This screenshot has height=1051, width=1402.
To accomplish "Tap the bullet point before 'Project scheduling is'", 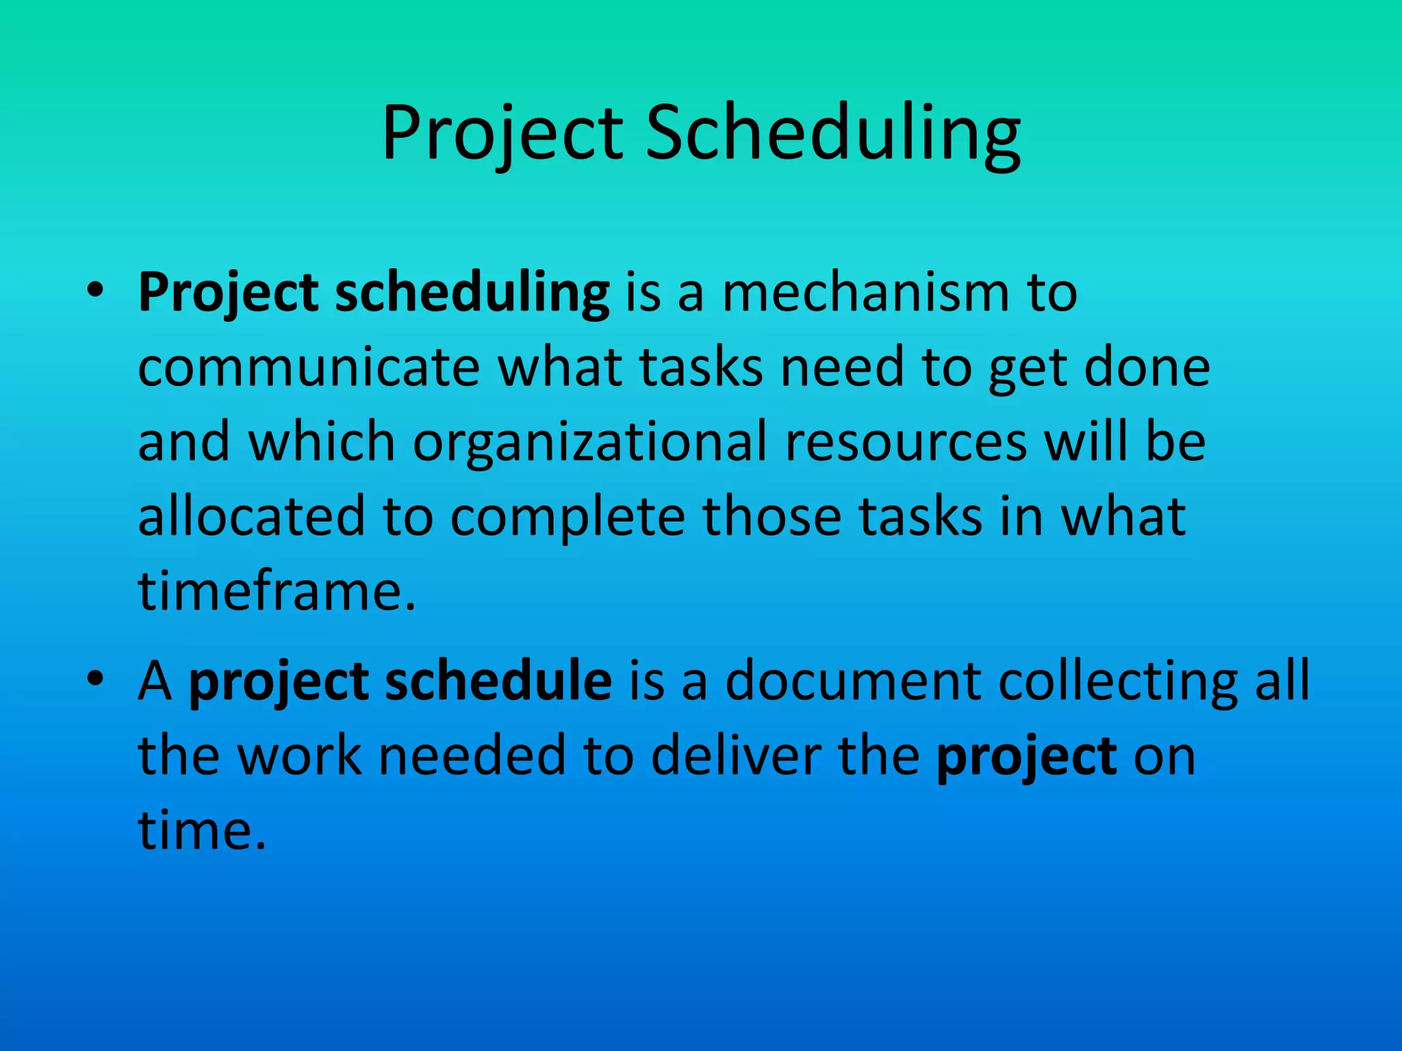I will (95, 290).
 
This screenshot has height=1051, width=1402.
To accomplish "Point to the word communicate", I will (309, 367).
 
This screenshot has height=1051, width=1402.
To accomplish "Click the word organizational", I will (589, 443).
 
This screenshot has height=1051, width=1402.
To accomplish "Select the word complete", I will (568, 517).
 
